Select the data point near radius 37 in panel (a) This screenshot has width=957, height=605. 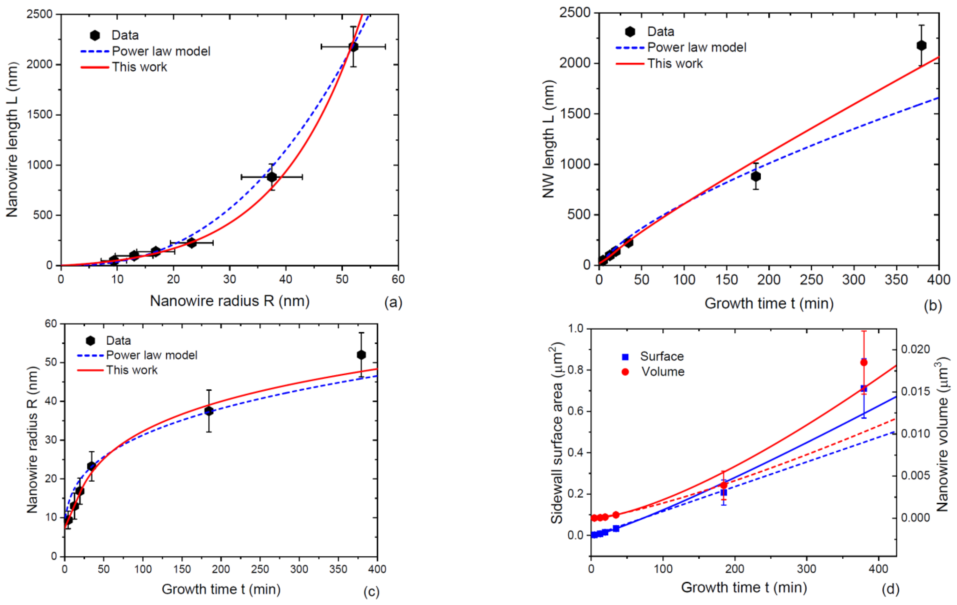[272, 177]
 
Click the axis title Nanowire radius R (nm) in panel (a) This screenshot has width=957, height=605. [230, 301]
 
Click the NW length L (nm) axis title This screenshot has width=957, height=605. [549, 139]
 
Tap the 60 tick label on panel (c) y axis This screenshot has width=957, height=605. [51, 324]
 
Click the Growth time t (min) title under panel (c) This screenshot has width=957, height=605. [221, 589]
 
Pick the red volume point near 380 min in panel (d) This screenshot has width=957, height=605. [864, 362]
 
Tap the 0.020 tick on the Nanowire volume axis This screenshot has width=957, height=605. [916, 349]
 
